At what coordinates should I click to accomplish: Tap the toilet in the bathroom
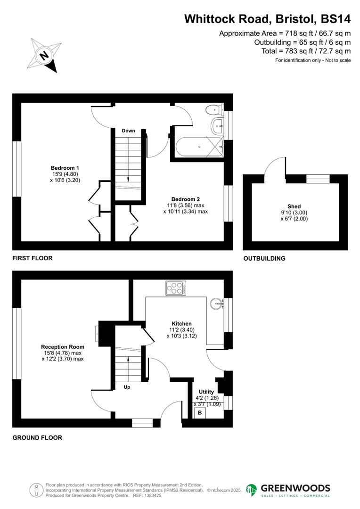214,110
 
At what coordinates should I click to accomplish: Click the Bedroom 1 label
65,168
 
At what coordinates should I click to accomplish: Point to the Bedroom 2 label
186,199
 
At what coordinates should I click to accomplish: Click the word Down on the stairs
128,131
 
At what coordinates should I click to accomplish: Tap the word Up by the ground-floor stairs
127,387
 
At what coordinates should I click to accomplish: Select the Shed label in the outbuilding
294,206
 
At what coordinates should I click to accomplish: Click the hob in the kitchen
176,287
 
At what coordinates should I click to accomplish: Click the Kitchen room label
181,323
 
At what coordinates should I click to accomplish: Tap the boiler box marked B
200,413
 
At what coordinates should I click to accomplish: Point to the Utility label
206,392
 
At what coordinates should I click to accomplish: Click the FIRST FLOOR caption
33,258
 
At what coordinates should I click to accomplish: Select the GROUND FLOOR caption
37,437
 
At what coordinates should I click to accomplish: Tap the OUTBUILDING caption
264,258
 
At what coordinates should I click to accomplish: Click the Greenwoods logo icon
252,490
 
